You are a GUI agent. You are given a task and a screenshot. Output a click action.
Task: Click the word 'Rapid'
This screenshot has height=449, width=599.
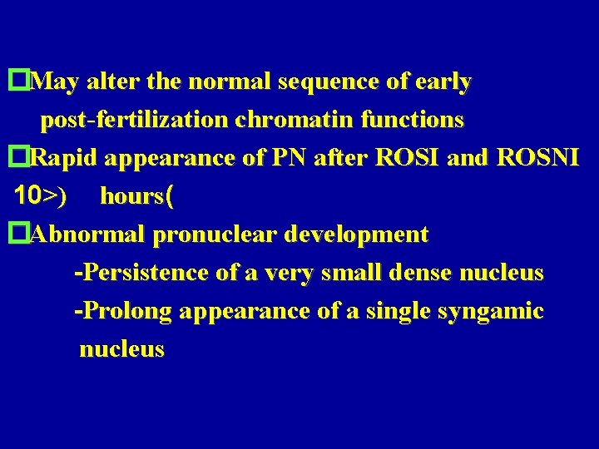[65, 159]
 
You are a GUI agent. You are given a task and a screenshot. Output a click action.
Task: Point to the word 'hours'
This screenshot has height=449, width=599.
[131, 197]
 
